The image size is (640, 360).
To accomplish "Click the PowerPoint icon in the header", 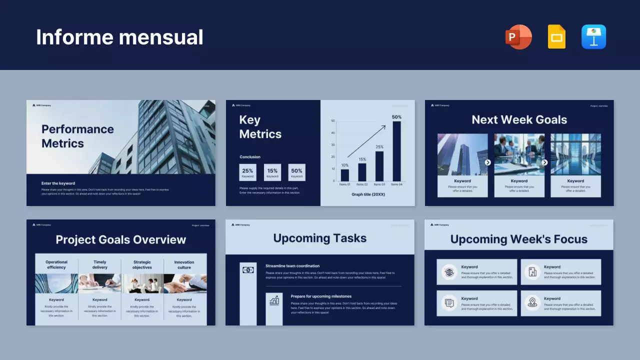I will coord(518,37).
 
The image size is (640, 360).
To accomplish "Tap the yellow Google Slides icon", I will coord(556,37).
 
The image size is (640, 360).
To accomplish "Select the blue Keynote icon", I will coord(593,37).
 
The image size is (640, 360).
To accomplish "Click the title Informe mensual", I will coord(119,37).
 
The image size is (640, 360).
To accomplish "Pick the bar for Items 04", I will coord(396,151).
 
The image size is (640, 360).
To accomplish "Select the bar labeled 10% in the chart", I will coord(345,175).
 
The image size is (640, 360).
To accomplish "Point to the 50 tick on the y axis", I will coord(333,121).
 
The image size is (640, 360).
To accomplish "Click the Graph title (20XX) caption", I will coord(368,194).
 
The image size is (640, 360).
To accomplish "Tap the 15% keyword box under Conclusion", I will coord(272,172).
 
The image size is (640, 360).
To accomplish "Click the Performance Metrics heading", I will coord(77,136).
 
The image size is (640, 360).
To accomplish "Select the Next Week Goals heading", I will coord(519,120).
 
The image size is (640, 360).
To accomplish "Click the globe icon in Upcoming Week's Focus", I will coord(449,272).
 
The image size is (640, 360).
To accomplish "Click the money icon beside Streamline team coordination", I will coord(248,270).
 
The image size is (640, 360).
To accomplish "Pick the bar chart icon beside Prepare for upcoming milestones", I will coord(274,300).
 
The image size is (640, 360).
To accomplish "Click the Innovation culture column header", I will coord(184,264).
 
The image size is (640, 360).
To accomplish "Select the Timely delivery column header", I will coord(99,264).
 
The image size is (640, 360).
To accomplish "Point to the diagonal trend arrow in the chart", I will coord(366,141).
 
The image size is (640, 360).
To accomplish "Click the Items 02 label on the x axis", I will coord(362,184).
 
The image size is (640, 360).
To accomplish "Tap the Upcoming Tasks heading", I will coord(319,238).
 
